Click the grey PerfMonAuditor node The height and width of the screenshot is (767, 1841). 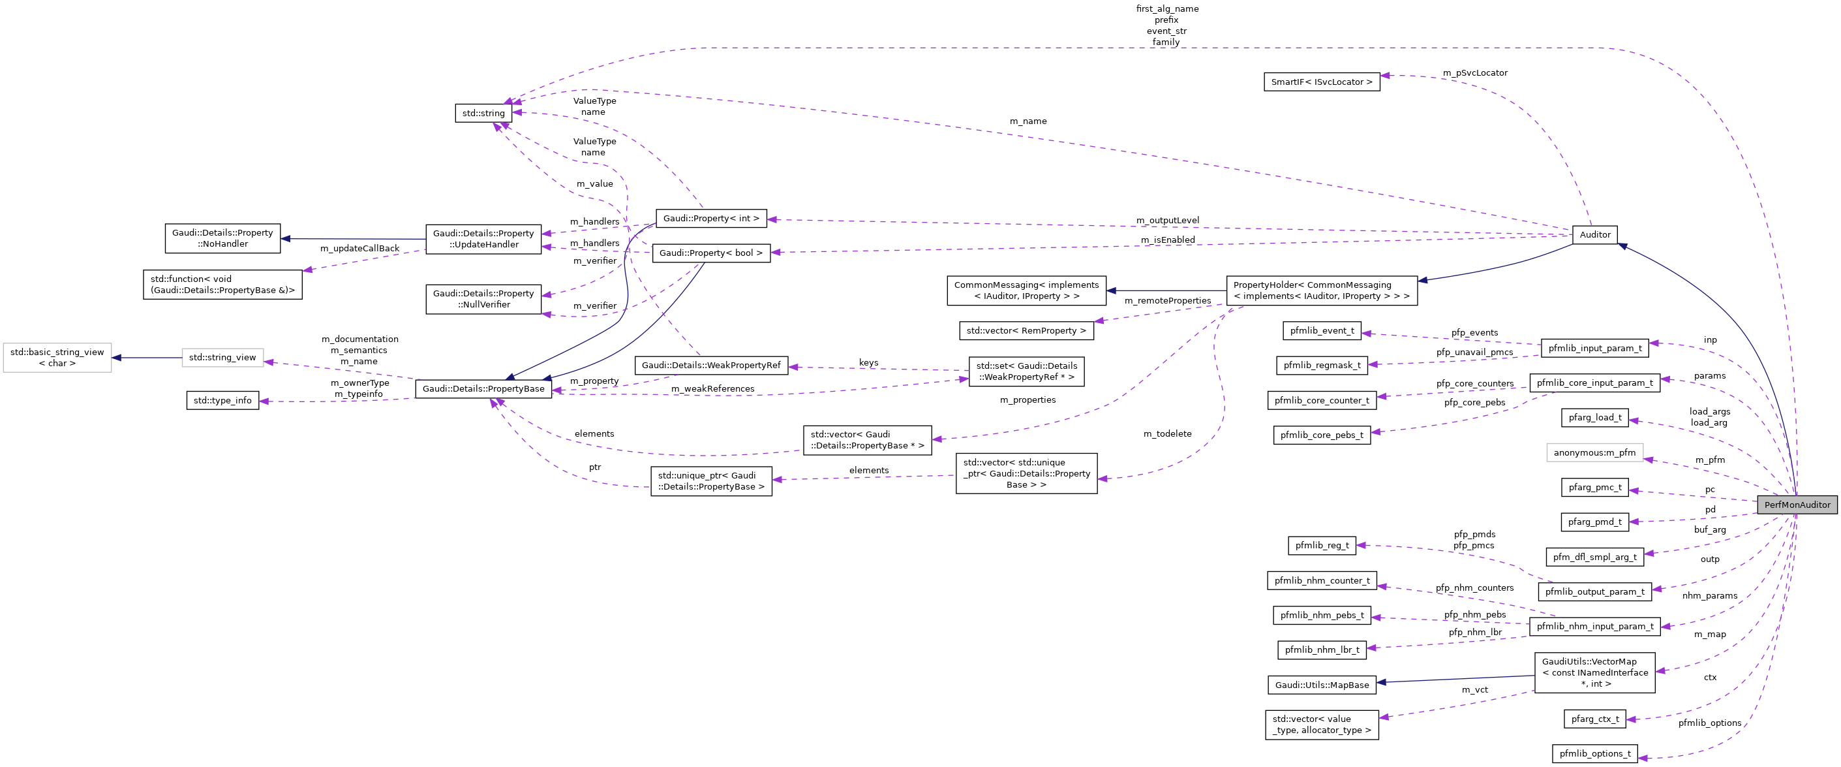coord(1797,505)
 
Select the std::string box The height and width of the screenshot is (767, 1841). coord(483,113)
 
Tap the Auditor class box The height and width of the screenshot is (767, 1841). coord(1594,234)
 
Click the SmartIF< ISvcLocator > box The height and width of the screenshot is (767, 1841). coord(1322,82)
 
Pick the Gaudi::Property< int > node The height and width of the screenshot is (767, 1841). coord(710,219)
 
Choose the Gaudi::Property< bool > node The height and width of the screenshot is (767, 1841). coord(710,253)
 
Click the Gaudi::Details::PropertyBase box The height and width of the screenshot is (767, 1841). coord(483,389)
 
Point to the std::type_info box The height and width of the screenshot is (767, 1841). coord(222,400)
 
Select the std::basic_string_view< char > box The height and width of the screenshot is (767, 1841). coord(57,358)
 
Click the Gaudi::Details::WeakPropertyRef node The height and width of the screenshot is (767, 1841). coord(710,366)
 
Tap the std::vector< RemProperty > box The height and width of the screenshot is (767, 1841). coord(1026,331)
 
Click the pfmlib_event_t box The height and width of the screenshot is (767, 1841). coord(1322,331)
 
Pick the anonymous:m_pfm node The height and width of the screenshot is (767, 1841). coord(1594,452)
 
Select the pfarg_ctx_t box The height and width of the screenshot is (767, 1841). coord(1594,719)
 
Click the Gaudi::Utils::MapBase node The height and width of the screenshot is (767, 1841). coord(1322,685)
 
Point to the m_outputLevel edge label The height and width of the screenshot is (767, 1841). coord(1167,220)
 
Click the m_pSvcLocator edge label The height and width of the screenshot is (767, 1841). coord(1474,73)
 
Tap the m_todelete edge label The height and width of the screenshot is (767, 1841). coord(1167,434)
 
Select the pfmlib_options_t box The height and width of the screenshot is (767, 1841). coord(1594,753)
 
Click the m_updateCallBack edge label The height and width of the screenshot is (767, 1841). coord(359,249)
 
